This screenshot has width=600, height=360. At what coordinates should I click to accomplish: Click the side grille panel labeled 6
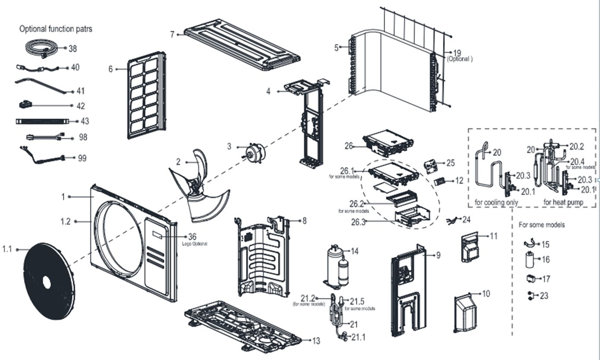pos(146,95)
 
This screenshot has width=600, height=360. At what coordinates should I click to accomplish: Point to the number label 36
pos(193,237)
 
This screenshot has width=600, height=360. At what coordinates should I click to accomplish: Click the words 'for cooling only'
pos(496,202)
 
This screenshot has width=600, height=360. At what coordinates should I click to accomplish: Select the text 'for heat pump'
pos(563,202)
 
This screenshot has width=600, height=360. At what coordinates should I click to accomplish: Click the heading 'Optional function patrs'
pos(56,29)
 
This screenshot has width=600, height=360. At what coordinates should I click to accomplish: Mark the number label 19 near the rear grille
pos(457,53)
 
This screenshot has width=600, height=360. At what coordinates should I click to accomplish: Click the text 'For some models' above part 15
pos(541,225)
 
